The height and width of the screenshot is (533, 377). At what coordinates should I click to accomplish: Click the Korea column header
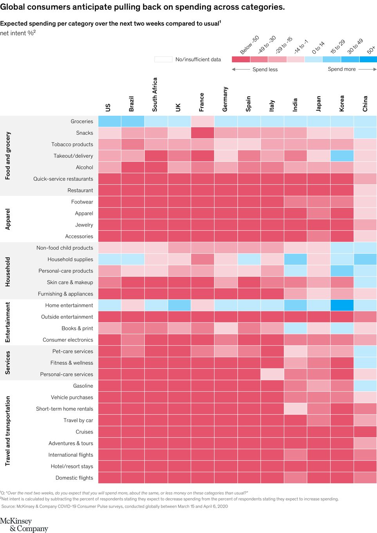[342, 103]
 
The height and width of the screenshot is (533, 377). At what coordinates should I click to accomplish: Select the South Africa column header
[155, 94]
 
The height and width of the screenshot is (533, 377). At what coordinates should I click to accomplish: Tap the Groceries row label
[82, 121]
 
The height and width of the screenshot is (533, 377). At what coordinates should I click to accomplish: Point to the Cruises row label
[84, 432]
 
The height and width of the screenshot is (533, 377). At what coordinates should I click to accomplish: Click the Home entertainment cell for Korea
[342, 305]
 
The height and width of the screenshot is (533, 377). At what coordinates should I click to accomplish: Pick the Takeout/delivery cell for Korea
[342, 156]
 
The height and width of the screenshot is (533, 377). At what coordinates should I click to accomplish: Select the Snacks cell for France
[202, 133]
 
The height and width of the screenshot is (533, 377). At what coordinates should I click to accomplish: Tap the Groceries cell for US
[109, 121]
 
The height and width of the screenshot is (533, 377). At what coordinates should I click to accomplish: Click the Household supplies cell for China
[365, 259]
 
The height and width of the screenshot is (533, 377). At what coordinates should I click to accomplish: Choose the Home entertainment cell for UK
[179, 305]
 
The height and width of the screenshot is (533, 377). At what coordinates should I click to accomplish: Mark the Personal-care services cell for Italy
[272, 374]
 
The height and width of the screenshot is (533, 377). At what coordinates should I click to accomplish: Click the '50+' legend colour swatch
[368, 59]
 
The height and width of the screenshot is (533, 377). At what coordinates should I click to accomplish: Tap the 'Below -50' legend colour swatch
[241, 59]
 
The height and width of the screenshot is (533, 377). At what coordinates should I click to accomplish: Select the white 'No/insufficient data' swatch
[163, 59]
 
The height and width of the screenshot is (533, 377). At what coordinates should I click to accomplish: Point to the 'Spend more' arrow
[367, 69]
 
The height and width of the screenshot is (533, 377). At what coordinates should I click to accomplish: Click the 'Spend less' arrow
[241, 69]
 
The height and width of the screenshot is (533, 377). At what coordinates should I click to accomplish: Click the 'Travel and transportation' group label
[7, 431]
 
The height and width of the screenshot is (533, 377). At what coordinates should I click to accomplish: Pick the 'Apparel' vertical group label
[7, 219]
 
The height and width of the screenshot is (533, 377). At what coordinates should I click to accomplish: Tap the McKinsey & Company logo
[24, 525]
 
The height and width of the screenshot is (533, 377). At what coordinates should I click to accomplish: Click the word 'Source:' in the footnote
[9, 506]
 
